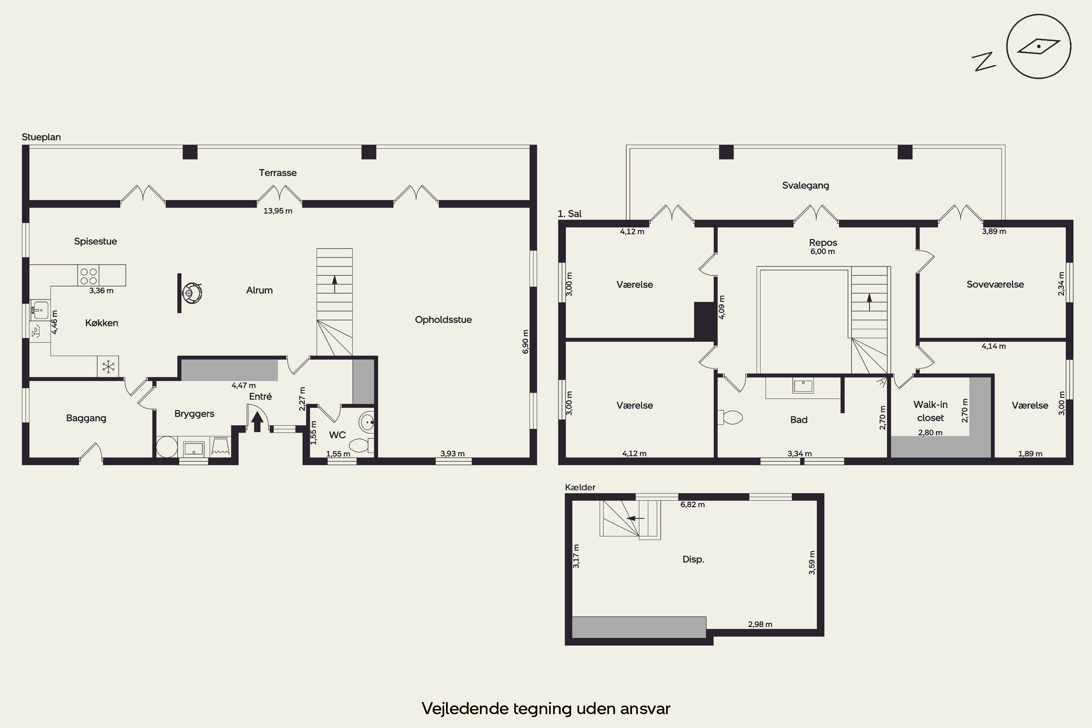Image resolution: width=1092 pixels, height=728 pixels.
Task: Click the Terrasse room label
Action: point(278,173)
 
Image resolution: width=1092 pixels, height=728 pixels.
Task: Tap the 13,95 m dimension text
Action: point(278,211)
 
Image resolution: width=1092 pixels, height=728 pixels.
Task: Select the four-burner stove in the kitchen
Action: point(88,275)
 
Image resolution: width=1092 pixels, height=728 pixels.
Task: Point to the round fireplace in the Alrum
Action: point(192,293)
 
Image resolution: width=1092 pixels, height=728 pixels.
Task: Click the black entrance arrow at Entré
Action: point(257,422)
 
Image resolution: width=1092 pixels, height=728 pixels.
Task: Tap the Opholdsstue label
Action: point(443,320)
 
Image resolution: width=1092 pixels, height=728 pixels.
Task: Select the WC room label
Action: point(337,435)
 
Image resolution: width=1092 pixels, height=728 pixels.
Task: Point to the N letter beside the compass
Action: point(984,61)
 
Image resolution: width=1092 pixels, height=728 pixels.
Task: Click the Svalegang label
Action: point(806,186)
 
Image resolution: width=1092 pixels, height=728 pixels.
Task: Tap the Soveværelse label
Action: point(995,284)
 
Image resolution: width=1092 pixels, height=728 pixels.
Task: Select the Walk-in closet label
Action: point(930,411)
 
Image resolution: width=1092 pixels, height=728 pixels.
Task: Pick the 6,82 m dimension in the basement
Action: point(692,505)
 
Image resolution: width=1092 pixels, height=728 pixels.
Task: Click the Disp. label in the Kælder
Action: point(693,559)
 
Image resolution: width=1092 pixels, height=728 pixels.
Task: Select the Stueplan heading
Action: point(41,137)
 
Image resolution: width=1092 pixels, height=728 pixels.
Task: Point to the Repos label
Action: point(823,242)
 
